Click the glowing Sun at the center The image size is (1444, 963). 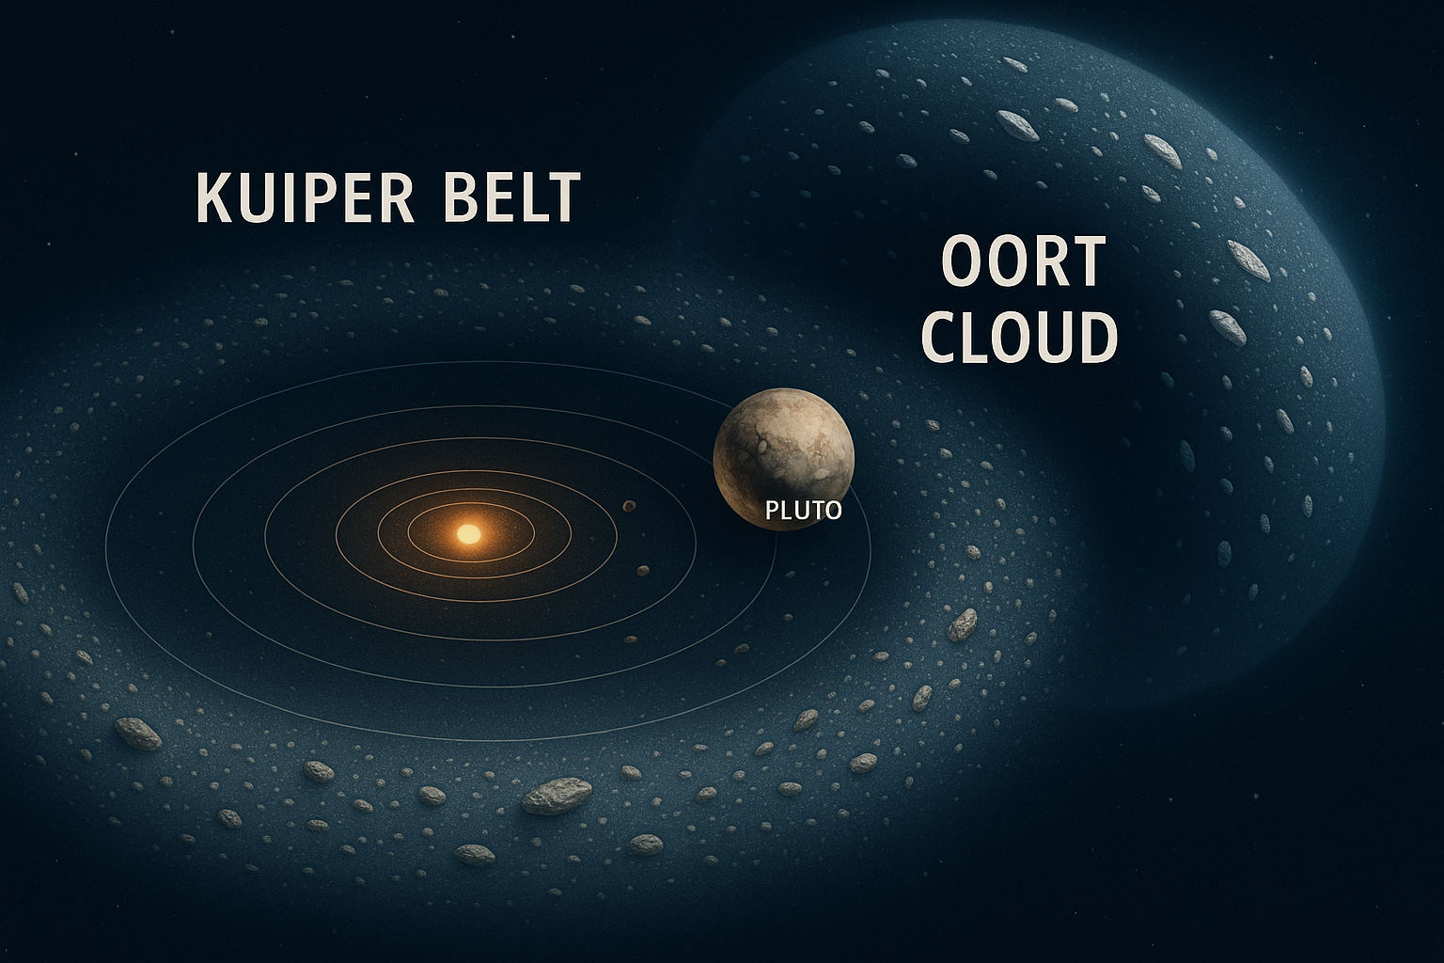click(467, 534)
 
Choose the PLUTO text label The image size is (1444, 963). click(803, 512)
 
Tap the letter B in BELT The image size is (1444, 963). click(464, 198)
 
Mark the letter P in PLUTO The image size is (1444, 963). click(773, 512)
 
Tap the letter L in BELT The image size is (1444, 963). click(532, 198)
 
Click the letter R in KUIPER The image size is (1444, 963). click(396, 198)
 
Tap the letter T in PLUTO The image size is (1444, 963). click(817, 512)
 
